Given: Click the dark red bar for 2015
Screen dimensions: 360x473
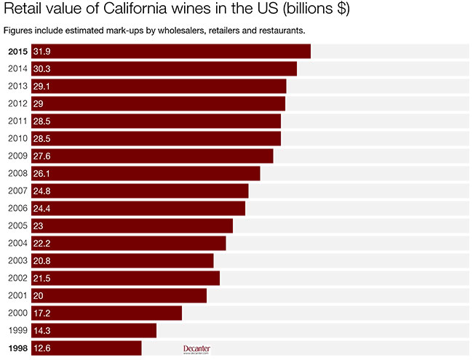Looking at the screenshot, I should pos(171,51).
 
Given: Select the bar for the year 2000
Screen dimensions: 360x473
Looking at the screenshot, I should pos(106,313).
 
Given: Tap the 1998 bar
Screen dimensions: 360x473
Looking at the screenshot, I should pos(86,348).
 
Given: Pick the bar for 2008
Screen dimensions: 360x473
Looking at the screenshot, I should pos(146,173).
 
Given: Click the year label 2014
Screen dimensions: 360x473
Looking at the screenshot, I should pos(17,68).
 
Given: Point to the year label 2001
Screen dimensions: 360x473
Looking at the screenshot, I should pos(17,295).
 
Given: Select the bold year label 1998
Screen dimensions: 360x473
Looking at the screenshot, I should pos(17,348).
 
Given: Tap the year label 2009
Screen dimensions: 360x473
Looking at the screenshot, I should pos(17,156).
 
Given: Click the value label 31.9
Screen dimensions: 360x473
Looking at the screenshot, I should pos(41,51).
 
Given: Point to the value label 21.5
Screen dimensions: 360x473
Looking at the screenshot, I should pos(41,278).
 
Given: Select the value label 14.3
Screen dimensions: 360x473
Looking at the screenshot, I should pos(41,330).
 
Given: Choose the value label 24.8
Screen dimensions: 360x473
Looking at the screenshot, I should pos(41,191).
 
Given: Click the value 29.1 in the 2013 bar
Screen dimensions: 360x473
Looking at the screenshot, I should pos(41,86).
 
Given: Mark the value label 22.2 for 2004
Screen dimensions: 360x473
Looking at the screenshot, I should pos(41,243).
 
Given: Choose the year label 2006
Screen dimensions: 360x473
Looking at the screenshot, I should pos(17,208).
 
